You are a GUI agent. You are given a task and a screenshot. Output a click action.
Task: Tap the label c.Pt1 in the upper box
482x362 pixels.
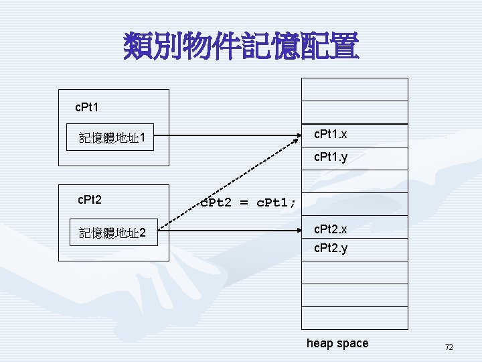click(88, 107)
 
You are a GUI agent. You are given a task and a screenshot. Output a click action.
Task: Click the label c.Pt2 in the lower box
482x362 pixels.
click(90, 199)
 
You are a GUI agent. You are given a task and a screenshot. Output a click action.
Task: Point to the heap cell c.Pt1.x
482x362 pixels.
click(354, 135)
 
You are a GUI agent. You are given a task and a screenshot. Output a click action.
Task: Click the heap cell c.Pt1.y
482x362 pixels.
click(354, 159)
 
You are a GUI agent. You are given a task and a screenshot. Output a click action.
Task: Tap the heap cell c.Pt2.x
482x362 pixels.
click(354, 229)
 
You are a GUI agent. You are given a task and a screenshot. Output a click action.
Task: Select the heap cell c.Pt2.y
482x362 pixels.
click(354, 249)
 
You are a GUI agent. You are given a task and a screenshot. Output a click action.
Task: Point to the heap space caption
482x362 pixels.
click(337, 343)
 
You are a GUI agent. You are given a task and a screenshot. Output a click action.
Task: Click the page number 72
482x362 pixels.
click(449, 347)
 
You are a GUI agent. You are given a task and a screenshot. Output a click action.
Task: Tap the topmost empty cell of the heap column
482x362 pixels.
click(354, 89)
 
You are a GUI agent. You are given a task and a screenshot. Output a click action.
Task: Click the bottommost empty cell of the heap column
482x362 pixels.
click(354, 317)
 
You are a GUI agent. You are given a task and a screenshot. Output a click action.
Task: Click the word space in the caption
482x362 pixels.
click(352, 344)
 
